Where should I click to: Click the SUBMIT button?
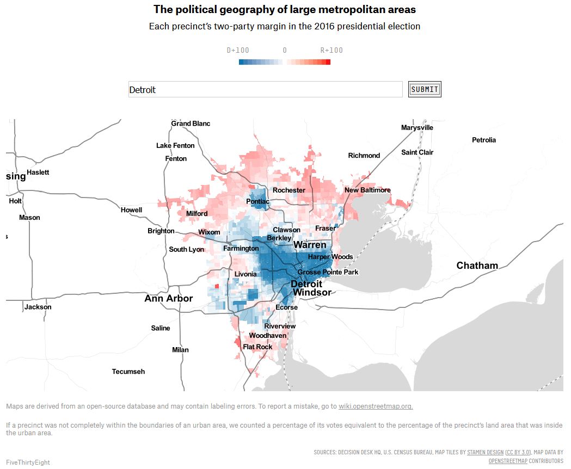pyautogui.click(x=425, y=89)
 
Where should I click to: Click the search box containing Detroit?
pyautogui.click(x=265, y=89)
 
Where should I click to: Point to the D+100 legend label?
pyautogui.click(x=238, y=50)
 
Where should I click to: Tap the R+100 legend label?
pyautogui.click(x=331, y=50)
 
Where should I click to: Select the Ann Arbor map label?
pyautogui.click(x=168, y=298)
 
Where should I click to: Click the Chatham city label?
pyautogui.click(x=477, y=266)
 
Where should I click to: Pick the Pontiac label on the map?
pyautogui.click(x=257, y=201)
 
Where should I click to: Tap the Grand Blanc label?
pyautogui.click(x=191, y=124)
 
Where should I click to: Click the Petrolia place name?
pyautogui.click(x=483, y=140)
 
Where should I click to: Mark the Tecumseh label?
pyautogui.click(x=128, y=372)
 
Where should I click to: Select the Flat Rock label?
pyautogui.click(x=257, y=347)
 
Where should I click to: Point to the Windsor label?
pyautogui.click(x=312, y=292)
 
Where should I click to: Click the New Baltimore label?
pyautogui.click(x=367, y=190)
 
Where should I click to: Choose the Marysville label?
pyautogui.click(x=417, y=127)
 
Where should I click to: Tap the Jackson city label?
pyautogui.click(x=38, y=307)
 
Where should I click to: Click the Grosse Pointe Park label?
pyautogui.click(x=328, y=272)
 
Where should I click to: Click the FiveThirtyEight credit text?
pyautogui.click(x=28, y=462)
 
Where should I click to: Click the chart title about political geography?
pyautogui.click(x=285, y=9)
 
